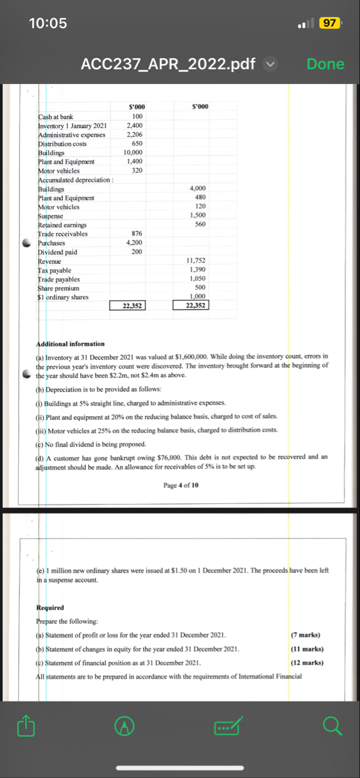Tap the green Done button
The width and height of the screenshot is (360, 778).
pyautogui.click(x=326, y=63)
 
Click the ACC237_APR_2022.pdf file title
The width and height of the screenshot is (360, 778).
pyautogui.click(x=169, y=63)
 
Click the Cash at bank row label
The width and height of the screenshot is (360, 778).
pyautogui.click(x=56, y=117)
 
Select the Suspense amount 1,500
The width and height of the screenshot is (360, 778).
pyautogui.click(x=198, y=216)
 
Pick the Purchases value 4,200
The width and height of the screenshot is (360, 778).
pyautogui.click(x=134, y=243)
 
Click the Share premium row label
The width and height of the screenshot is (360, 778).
pyautogui.click(x=58, y=288)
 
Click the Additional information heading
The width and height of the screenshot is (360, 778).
pyautogui.click(x=71, y=344)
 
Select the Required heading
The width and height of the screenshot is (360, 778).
pyautogui.click(x=51, y=607)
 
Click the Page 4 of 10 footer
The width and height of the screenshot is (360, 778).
pyautogui.click(x=181, y=485)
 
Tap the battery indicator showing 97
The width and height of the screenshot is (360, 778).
pyautogui.click(x=329, y=24)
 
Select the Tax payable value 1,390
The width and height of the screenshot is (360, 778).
pyautogui.click(x=198, y=270)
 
